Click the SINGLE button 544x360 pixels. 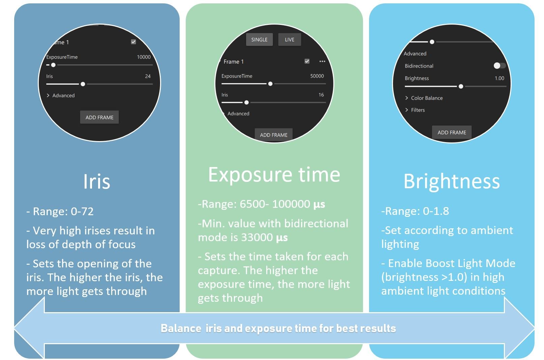(x=259, y=39)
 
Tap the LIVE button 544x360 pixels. (x=290, y=39)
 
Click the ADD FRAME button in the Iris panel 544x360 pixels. (x=99, y=118)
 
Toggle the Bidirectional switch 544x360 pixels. (x=500, y=65)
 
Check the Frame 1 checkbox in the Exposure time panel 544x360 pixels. (x=307, y=61)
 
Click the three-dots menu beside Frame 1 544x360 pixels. (x=322, y=61)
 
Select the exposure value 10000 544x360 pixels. (x=144, y=57)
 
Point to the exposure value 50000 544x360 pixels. (x=317, y=76)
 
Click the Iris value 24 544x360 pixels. (x=148, y=76)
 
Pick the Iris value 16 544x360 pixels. (x=321, y=95)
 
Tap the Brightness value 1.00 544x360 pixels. (x=499, y=78)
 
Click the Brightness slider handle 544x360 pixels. (x=461, y=86)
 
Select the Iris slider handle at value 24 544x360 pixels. (x=83, y=84)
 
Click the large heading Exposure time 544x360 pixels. (x=274, y=175)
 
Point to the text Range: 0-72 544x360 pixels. (x=63, y=211)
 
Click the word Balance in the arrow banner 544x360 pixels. (x=181, y=328)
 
